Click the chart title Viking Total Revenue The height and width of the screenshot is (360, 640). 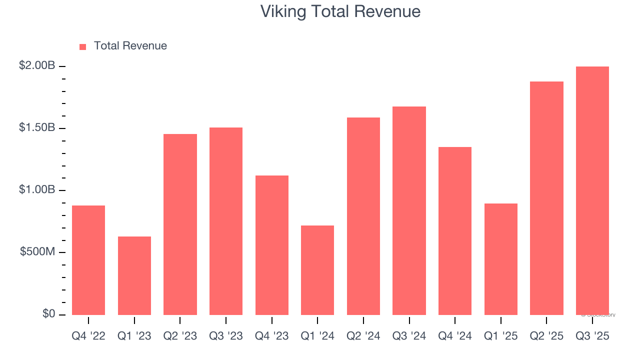point(340,11)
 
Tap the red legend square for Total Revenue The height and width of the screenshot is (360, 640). point(83,46)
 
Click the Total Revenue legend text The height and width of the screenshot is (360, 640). point(130,46)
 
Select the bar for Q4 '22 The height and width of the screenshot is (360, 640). point(88,260)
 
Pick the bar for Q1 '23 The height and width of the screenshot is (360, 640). point(134,275)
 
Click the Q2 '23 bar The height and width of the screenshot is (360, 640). point(180,224)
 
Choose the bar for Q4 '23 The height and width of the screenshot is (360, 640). point(271,245)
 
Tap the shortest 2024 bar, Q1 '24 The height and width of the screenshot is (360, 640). point(317,270)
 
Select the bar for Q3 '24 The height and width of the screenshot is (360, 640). point(409,210)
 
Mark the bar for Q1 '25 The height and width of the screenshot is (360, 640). point(500,259)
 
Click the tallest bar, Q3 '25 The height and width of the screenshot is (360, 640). point(592,190)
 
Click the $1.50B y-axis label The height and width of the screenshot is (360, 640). point(37,127)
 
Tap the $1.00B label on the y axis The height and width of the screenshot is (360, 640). point(37,190)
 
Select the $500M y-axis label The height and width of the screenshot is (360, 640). point(37,251)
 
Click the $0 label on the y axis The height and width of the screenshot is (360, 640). point(48,313)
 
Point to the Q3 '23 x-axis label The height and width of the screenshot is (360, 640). point(225,336)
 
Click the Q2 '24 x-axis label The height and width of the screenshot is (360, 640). point(363,336)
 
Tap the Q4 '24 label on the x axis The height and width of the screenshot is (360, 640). point(454,336)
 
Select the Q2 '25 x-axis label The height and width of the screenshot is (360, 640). point(546,336)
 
